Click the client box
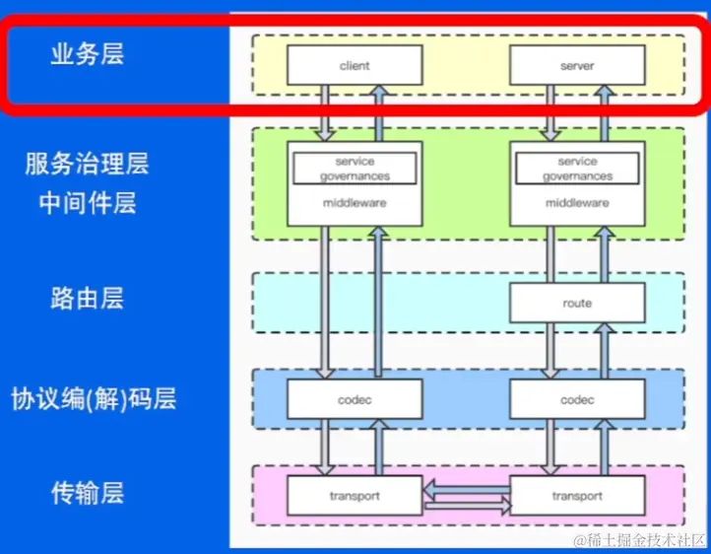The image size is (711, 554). [355, 66]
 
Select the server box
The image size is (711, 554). [577, 66]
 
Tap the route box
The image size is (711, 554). [577, 303]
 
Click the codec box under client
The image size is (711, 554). [355, 400]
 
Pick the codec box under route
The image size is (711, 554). [577, 400]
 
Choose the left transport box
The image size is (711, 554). [355, 496]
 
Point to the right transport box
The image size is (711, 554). [577, 496]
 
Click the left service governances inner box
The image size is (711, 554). [355, 169]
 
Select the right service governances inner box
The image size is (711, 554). [577, 169]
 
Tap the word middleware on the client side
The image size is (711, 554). [355, 203]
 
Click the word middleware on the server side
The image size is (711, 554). [577, 203]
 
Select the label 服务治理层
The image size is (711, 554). [88, 164]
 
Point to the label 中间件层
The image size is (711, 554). [88, 203]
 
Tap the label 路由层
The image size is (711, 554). [88, 298]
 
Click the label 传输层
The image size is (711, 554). [88, 493]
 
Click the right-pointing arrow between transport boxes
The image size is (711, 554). [467, 507]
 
